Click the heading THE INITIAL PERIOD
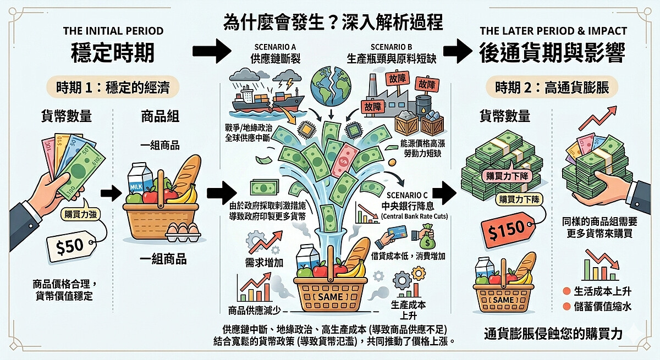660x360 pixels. pyautogui.click(x=113, y=31)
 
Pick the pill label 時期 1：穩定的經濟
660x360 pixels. pyautogui.click(x=113, y=87)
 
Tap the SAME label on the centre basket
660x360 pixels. pyautogui.click(x=328, y=297)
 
